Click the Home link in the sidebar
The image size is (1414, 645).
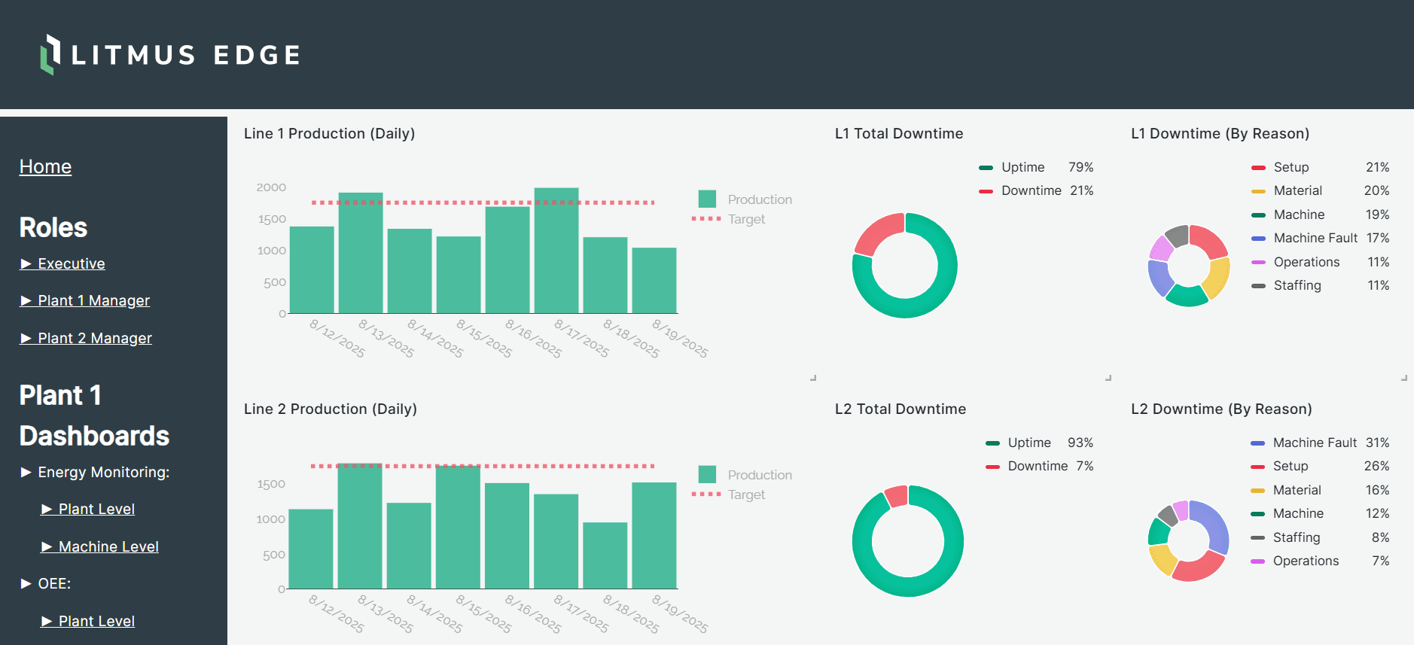click(x=45, y=166)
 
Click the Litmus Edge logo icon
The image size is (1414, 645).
click(x=50, y=54)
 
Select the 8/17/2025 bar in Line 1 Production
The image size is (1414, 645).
click(x=556, y=251)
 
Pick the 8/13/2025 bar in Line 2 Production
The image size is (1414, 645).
click(x=359, y=526)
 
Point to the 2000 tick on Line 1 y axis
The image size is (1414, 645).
click(x=271, y=187)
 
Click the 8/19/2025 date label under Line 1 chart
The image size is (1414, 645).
click(x=679, y=339)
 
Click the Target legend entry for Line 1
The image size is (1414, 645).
click(x=745, y=219)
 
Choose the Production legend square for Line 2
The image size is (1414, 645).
click(x=707, y=474)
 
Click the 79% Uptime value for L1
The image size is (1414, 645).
click(x=1080, y=167)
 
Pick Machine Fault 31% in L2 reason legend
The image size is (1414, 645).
click(x=1314, y=443)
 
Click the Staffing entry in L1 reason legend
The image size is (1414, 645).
click(x=1297, y=285)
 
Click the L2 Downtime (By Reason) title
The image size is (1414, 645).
click(x=1221, y=409)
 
